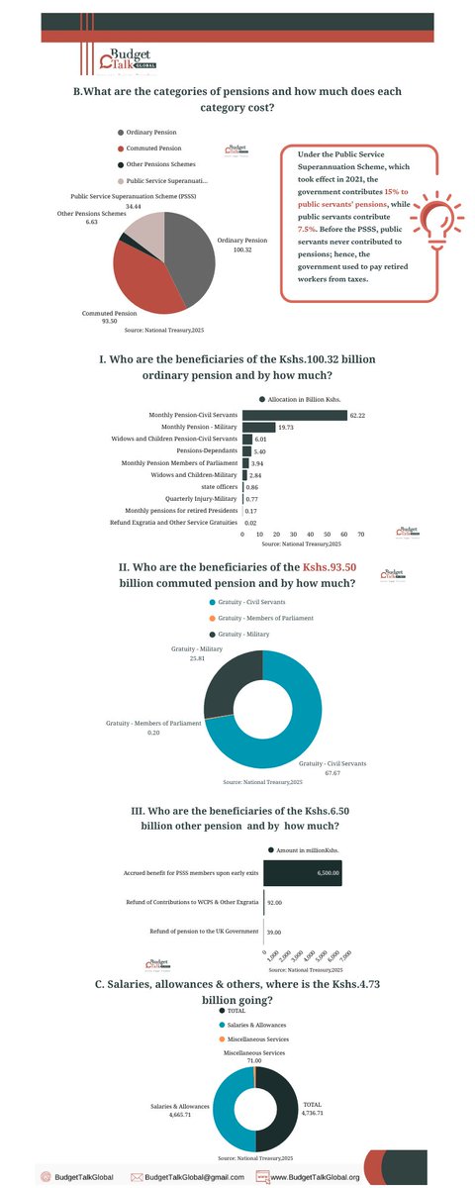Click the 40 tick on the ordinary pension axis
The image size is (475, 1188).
[303, 534]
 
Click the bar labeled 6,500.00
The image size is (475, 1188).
[303, 872]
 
